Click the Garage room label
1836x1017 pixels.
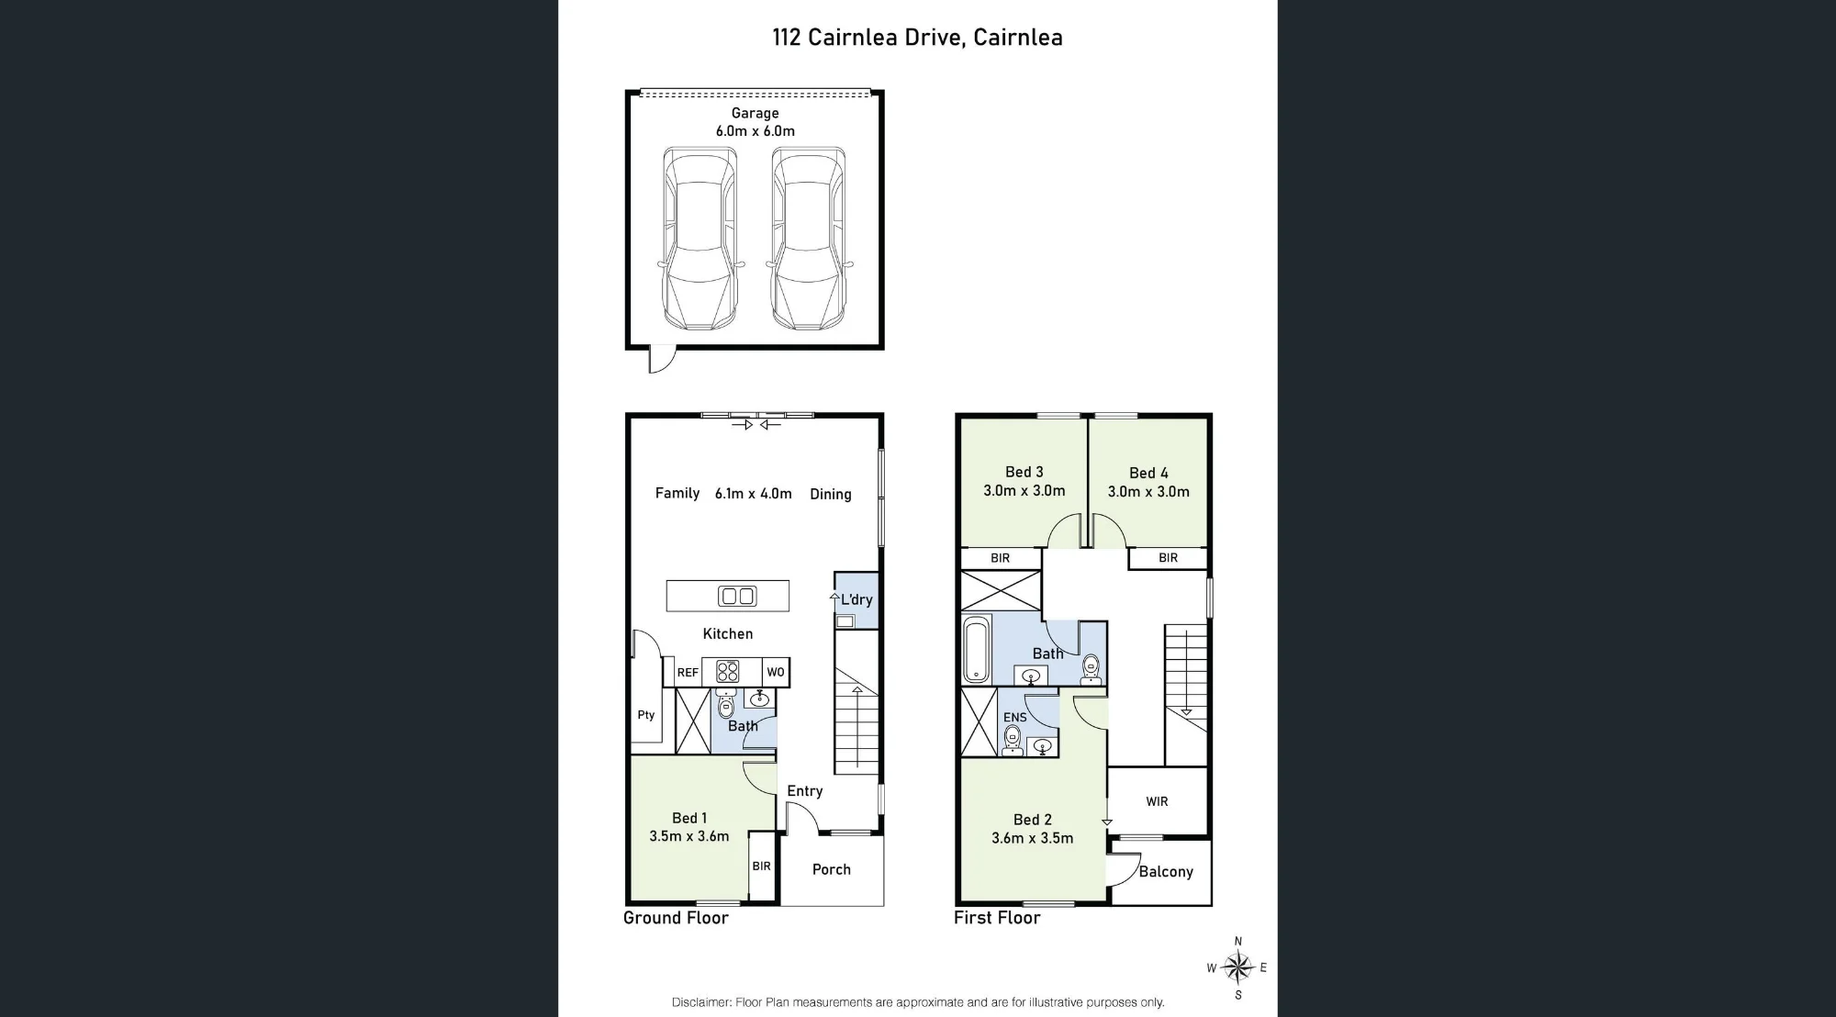click(755, 113)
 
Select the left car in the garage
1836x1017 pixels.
click(700, 239)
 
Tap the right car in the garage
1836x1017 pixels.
click(809, 239)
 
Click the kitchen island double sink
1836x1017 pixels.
click(737, 596)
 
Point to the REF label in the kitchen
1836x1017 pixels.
click(688, 673)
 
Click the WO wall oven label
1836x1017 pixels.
click(776, 672)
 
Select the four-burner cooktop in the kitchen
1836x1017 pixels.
click(727, 672)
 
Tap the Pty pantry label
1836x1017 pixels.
click(646, 715)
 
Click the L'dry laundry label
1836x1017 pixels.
click(856, 599)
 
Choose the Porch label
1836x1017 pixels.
click(832, 869)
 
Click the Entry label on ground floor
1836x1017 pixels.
click(805, 790)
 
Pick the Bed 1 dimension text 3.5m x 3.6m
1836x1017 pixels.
click(689, 836)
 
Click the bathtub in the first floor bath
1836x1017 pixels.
click(977, 650)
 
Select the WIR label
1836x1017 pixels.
click(1157, 801)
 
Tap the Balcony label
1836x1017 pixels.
click(1166, 872)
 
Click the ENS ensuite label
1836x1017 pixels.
click(1015, 718)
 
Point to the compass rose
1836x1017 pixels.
click(1237, 967)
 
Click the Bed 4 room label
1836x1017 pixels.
click(1148, 473)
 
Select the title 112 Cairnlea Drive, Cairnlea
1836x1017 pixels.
click(917, 38)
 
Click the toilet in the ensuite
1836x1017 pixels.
click(1013, 738)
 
